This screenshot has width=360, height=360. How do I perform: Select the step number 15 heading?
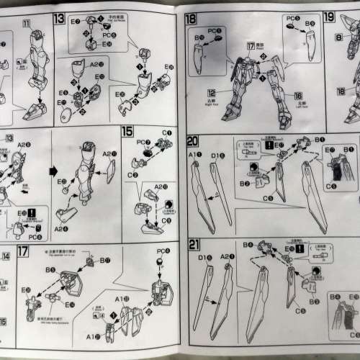127,132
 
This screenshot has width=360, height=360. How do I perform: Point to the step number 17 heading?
23,251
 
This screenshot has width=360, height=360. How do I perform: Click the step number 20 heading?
192,141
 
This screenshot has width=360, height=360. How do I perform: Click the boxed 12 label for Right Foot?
212,93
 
